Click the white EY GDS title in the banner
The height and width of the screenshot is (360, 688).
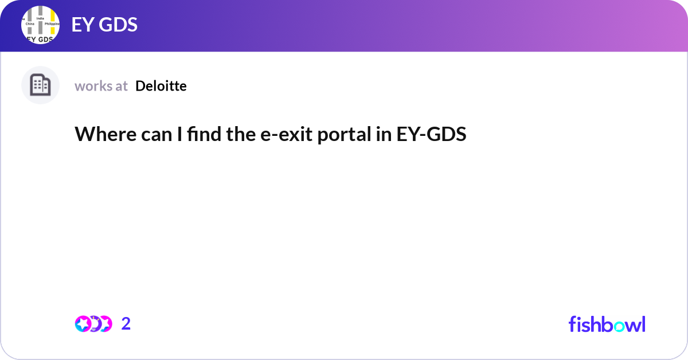pos(104,25)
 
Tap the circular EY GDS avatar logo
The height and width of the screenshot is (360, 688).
pos(40,25)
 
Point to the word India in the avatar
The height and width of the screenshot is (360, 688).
pos(40,18)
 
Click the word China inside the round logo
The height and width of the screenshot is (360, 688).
pos(31,25)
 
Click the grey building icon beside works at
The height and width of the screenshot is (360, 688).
pos(40,85)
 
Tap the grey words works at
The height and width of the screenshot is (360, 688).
pos(101,86)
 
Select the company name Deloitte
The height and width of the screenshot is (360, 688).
pos(161,86)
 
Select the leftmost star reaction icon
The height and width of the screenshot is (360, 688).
pos(83,324)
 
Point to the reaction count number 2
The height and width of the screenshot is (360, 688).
pos(126,324)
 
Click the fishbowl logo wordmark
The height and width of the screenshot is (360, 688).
pos(607,324)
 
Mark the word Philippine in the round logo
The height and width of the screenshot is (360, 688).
pos(52,24)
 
